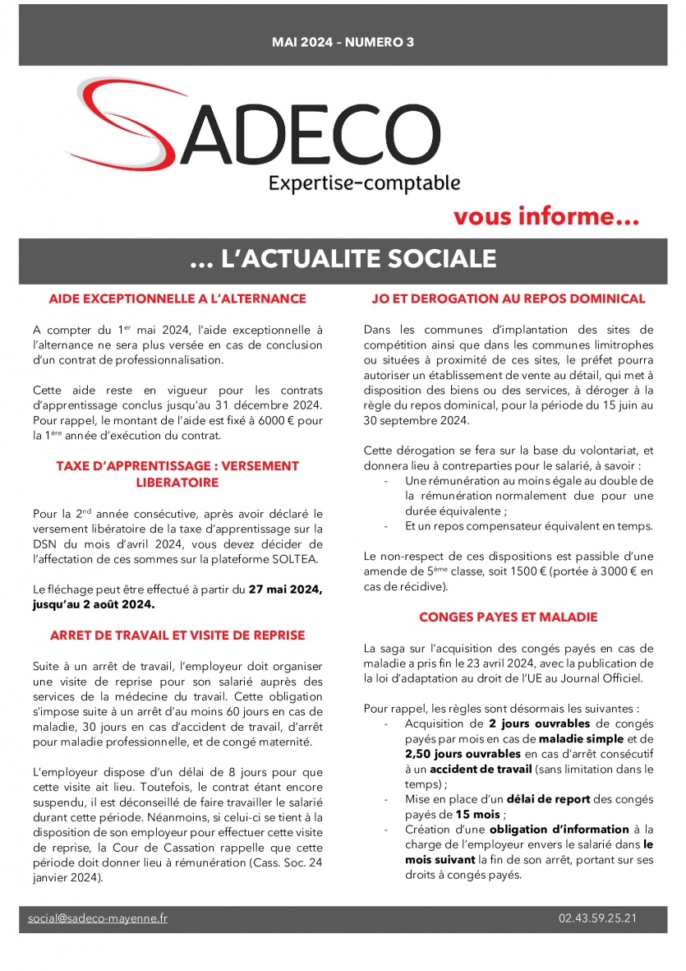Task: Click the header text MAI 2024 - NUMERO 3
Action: [x=343, y=42]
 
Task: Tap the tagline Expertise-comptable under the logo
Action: [x=364, y=182]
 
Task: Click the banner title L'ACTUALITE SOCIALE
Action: [x=343, y=259]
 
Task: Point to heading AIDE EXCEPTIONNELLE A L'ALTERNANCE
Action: [x=177, y=298]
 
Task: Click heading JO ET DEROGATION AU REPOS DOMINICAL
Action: [x=509, y=298]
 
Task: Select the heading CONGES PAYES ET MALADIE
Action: [x=508, y=617]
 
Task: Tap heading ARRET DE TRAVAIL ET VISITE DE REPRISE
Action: [x=177, y=636]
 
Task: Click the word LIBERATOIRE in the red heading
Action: [x=177, y=483]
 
